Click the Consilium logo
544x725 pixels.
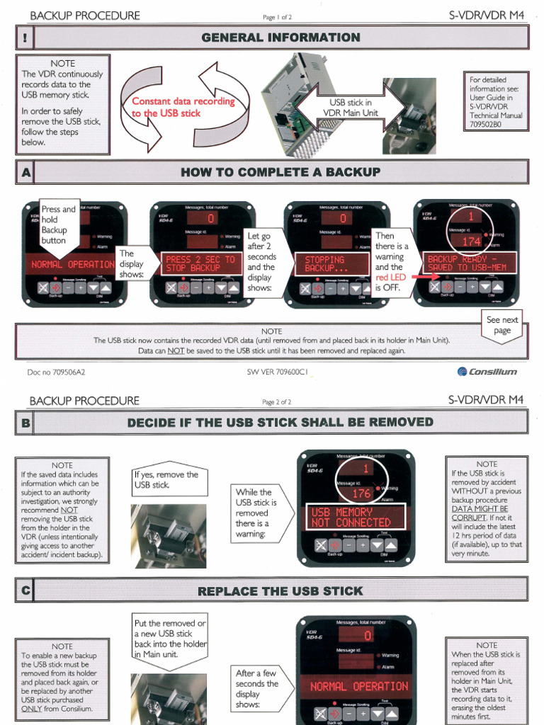[487, 371]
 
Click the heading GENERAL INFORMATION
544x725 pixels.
[280, 38]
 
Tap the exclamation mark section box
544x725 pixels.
[25, 38]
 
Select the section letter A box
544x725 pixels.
[25, 172]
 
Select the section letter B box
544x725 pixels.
[25, 423]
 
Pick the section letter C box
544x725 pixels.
[25, 590]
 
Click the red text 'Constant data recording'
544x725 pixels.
[183, 101]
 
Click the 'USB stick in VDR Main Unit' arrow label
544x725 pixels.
[346, 108]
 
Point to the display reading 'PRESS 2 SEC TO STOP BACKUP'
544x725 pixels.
[200, 264]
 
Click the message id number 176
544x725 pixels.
[361, 493]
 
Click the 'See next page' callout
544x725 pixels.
[502, 325]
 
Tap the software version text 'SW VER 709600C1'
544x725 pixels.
[278, 371]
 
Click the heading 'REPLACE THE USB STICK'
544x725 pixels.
[280, 590]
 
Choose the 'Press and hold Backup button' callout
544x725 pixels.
[58, 224]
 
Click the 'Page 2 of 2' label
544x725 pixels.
[277, 402]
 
